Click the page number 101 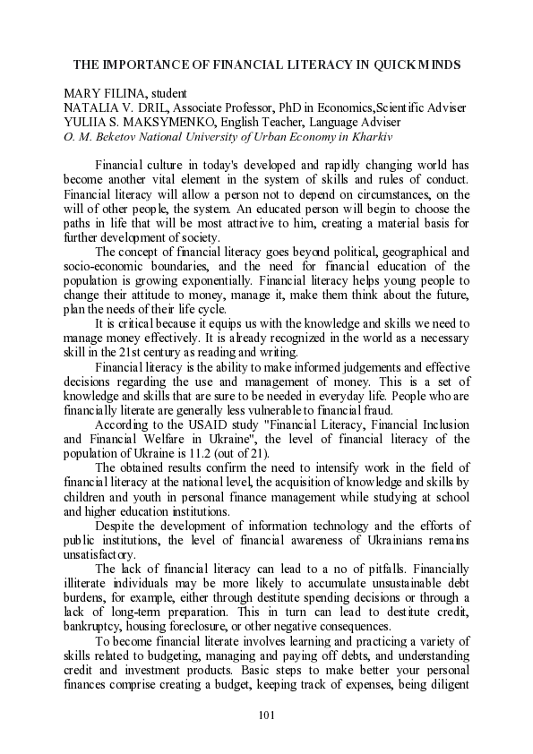click(265, 714)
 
